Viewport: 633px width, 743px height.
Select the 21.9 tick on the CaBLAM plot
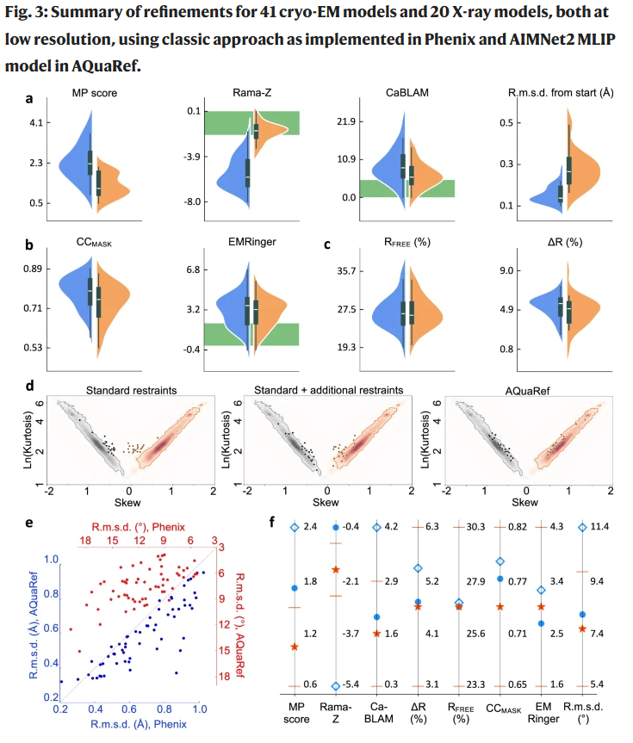click(x=348, y=122)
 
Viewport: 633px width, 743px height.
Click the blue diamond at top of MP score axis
click(x=294, y=526)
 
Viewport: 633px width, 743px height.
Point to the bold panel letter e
click(x=30, y=523)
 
